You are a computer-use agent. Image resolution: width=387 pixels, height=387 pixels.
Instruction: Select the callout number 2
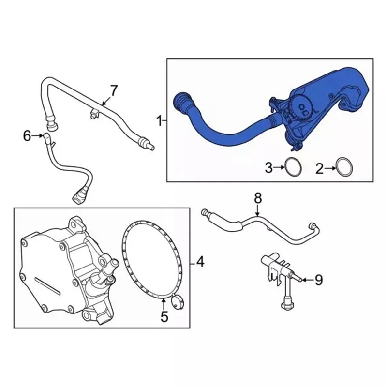point(319,168)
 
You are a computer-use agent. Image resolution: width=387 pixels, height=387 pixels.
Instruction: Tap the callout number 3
point(268,168)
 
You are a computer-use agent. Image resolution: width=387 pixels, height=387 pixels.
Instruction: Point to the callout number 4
point(200,263)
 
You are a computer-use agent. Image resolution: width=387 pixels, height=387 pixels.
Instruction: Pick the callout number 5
point(164,317)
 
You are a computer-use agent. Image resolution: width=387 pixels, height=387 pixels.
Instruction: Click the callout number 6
point(27,136)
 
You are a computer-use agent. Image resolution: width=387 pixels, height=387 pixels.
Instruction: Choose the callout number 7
point(113,90)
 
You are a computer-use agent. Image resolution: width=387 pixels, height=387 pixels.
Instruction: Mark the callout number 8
point(258,198)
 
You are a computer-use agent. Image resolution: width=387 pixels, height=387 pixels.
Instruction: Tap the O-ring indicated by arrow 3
point(292,167)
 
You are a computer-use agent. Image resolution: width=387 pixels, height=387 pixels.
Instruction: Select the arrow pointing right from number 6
point(38,136)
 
